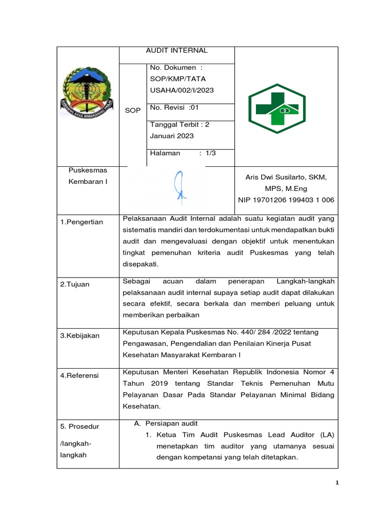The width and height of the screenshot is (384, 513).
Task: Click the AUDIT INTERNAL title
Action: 176,51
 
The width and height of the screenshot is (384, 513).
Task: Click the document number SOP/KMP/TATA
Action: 177,79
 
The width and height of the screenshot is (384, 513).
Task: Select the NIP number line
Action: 286,200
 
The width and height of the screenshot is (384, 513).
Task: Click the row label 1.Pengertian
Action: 81,222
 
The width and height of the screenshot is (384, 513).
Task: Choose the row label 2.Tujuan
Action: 74,284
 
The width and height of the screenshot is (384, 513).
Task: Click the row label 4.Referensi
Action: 79,375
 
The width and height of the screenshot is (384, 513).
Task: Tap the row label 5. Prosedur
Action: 80,426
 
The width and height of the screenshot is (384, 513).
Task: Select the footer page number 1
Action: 337,483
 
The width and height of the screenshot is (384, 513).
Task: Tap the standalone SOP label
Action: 133,110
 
